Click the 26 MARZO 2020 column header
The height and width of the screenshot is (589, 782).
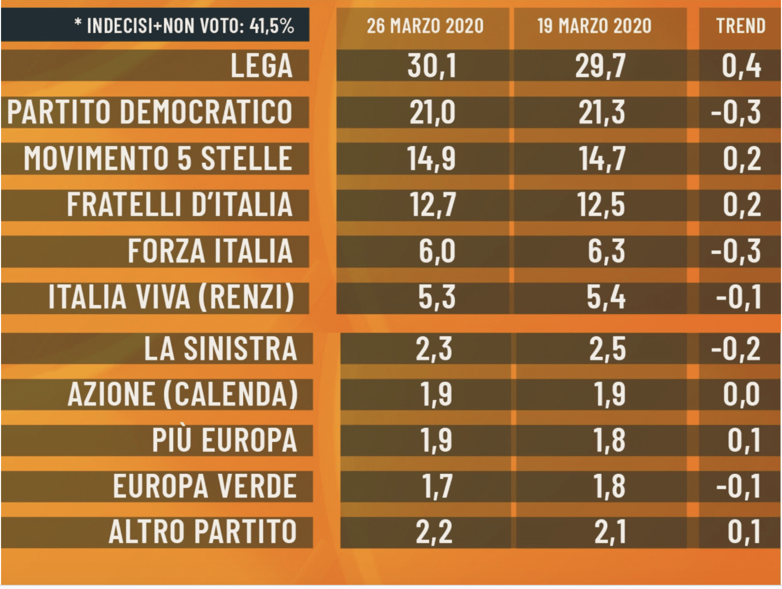click(425, 25)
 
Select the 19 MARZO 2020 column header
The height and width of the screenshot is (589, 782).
click(594, 25)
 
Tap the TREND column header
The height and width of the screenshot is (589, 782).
click(741, 25)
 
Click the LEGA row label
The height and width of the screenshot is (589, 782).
click(262, 66)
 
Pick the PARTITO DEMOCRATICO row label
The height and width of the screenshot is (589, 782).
click(150, 112)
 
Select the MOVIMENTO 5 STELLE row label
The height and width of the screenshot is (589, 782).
click(158, 158)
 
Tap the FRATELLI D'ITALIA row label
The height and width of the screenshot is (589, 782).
click(179, 204)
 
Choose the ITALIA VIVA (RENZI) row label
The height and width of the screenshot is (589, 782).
click(171, 297)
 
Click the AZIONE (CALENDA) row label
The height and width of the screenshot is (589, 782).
click(183, 394)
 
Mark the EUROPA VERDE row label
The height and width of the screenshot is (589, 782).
click(205, 486)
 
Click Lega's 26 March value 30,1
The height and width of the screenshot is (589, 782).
click(431, 66)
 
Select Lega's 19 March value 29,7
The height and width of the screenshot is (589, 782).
click(601, 66)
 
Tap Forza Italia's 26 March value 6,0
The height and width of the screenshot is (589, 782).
click(437, 251)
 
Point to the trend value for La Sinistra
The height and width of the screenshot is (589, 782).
click(736, 348)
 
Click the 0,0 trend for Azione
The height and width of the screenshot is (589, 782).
click(742, 394)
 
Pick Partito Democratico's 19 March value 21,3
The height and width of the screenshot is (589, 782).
click(602, 112)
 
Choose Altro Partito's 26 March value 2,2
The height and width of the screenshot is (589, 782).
click(435, 532)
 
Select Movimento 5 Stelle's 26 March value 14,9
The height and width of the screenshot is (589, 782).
click(431, 158)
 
